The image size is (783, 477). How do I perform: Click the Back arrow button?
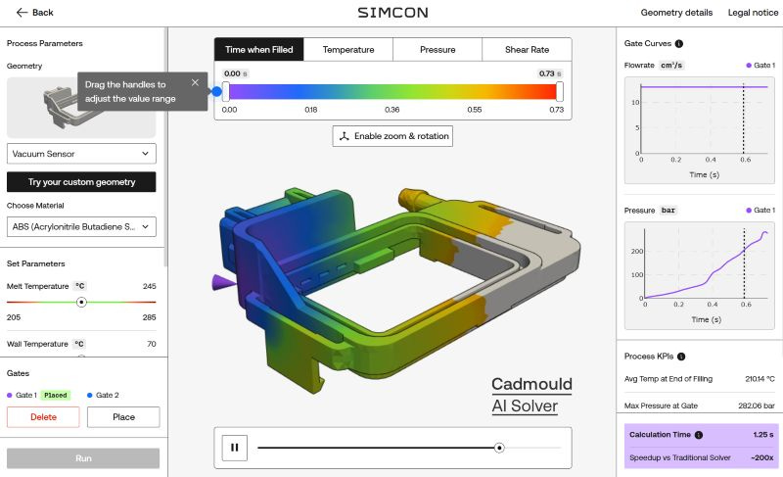(x=34, y=13)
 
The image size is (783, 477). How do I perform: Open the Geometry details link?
(x=676, y=13)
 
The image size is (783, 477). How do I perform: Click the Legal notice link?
(x=753, y=13)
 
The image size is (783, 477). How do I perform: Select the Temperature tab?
(x=348, y=49)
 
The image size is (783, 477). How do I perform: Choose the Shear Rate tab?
(x=527, y=49)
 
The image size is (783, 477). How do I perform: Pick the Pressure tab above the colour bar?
(x=438, y=49)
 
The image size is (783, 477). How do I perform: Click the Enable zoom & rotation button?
(x=392, y=136)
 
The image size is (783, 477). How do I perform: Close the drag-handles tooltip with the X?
(x=195, y=82)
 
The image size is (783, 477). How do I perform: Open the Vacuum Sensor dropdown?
(x=81, y=154)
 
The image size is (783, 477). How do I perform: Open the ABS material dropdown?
(x=81, y=227)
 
